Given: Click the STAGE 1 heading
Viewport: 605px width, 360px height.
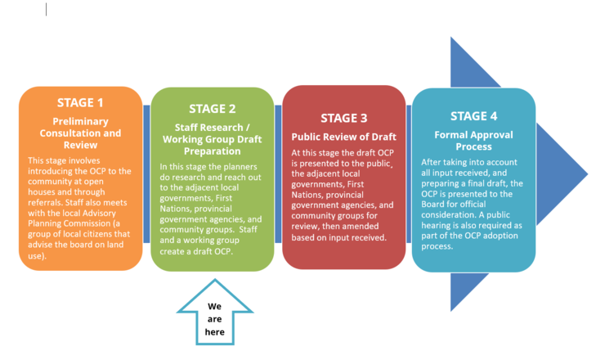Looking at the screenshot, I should pyautogui.click(x=80, y=103).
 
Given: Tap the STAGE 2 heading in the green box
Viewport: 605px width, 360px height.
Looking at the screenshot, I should pyautogui.click(x=212, y=108).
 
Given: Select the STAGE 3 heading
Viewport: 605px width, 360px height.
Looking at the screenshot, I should pyautogui.click(x=343, y=117).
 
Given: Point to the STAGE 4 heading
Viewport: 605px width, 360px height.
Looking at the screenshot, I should pyautogui.click(x=473, y=115).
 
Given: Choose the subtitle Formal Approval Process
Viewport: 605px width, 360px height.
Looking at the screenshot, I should pyautogui.click(x=473, y=139).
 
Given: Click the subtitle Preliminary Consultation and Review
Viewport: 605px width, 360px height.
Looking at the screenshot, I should pyautogui.click(x=80, y=133).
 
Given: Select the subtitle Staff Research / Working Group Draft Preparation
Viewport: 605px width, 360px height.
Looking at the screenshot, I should pyautogui.click(x=212, y=139).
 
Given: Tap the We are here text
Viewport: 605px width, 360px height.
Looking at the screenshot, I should pyautogui.click(x=214, y=319).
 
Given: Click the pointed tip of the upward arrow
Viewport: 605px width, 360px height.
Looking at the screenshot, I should pyautogui.click(x=214, y=281).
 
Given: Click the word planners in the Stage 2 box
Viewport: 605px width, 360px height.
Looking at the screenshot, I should pyautogui.click(x=238, y=167).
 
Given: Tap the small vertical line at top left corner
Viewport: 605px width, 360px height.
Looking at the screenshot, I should pyautogui.click(x=46, y=9).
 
